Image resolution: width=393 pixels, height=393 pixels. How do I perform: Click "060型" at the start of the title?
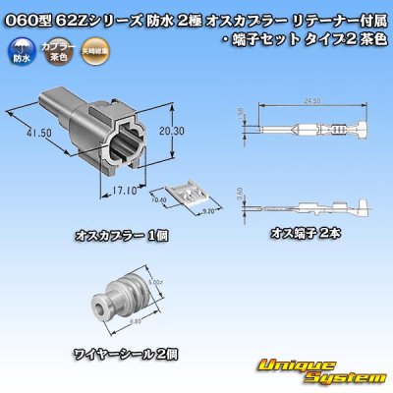click(23, 11)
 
